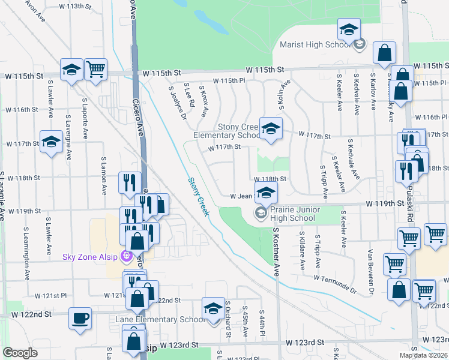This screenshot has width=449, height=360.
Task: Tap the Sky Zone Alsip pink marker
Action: tap(126, 257)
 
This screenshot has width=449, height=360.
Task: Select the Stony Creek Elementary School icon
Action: tap(271, 128)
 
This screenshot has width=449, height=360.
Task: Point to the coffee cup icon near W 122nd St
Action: tap(80, 318)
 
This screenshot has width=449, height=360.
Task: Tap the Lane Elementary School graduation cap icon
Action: tap(212, 308)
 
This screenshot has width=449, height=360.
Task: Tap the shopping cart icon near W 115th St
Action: tap(95, 70)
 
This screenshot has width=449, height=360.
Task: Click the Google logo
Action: tap(20, 353)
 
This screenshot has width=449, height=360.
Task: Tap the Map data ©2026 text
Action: tap(423, 355)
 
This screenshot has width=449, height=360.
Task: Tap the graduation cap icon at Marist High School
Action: tap(349, 28)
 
